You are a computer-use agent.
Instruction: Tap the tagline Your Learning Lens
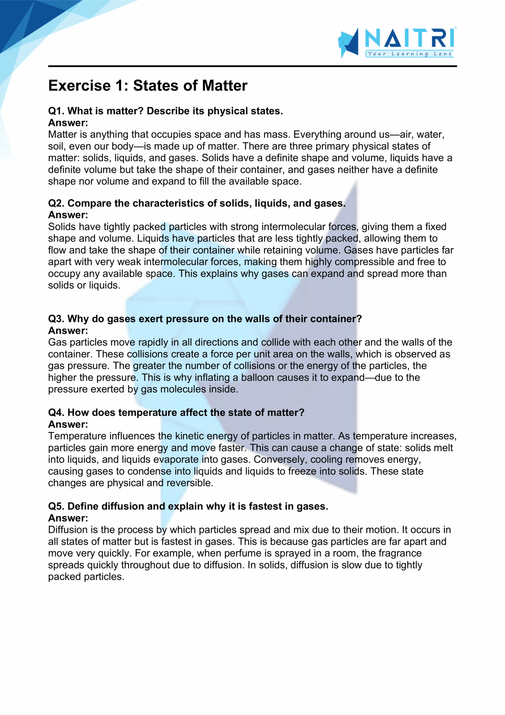[409, 54]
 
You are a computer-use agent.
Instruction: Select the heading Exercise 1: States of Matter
[148, 86]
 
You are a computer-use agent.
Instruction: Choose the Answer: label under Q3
[68, 331]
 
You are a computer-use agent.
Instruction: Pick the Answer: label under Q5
[68, 518]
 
